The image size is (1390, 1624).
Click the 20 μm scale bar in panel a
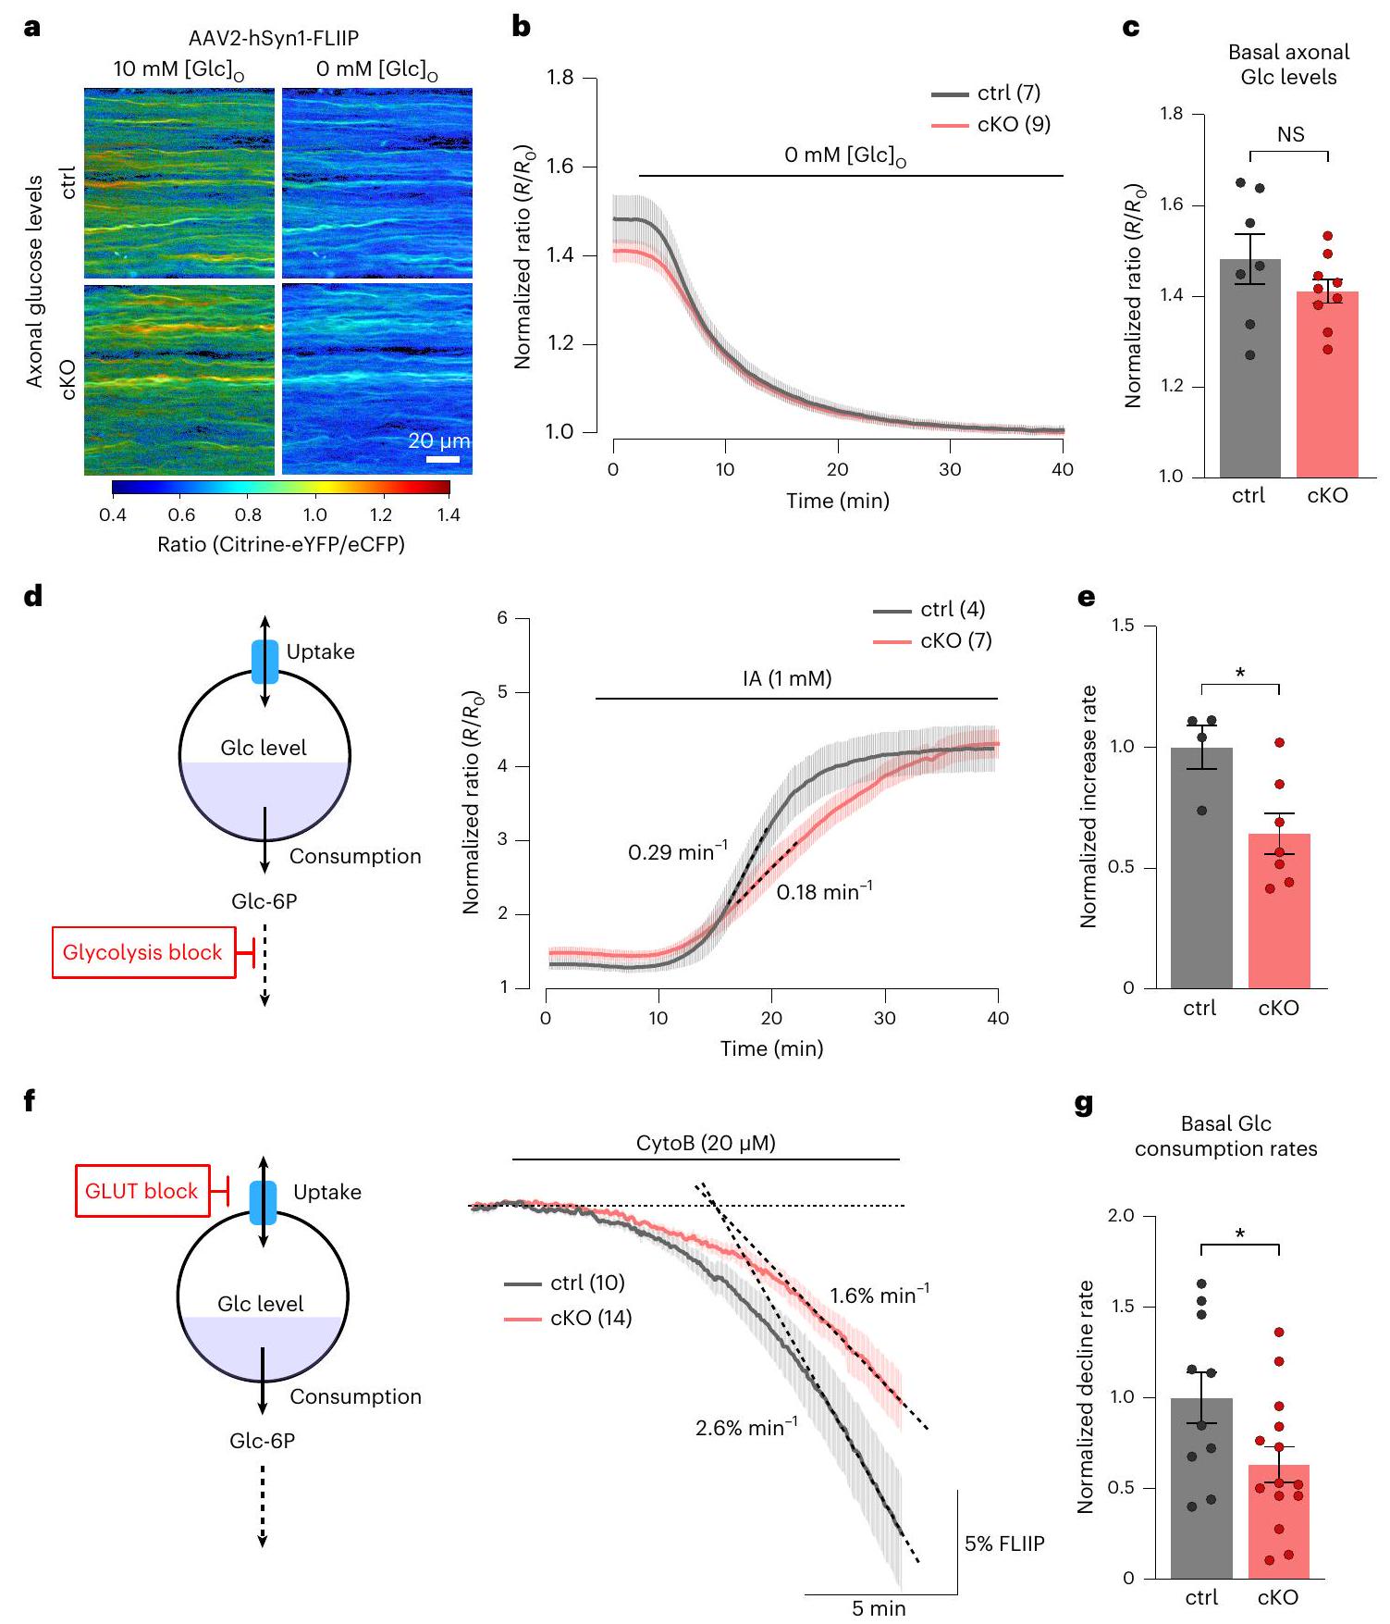pos(443,458)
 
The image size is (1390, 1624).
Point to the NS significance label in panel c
pos(1290,135)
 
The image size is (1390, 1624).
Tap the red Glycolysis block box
pos(143,952)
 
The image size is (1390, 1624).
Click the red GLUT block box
pos(142,1191)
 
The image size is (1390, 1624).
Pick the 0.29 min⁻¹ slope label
pos(677,851)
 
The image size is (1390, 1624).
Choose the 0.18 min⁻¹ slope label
pos(824,892)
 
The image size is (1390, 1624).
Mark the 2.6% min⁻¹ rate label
pos(745,1428)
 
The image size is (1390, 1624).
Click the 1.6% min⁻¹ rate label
pos(879,1295)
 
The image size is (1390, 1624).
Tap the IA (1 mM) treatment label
pos(787,679)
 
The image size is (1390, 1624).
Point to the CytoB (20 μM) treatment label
pos(706,1144)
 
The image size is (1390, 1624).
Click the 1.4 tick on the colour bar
pos(449,514)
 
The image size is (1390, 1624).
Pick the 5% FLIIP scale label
pos(1004,1543)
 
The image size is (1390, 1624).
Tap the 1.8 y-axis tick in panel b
pos(560,78)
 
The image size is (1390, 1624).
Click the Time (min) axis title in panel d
pos(771,1048)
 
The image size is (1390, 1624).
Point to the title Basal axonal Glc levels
pos(1288,65)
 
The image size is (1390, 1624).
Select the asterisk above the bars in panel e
pos(1240,673)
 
